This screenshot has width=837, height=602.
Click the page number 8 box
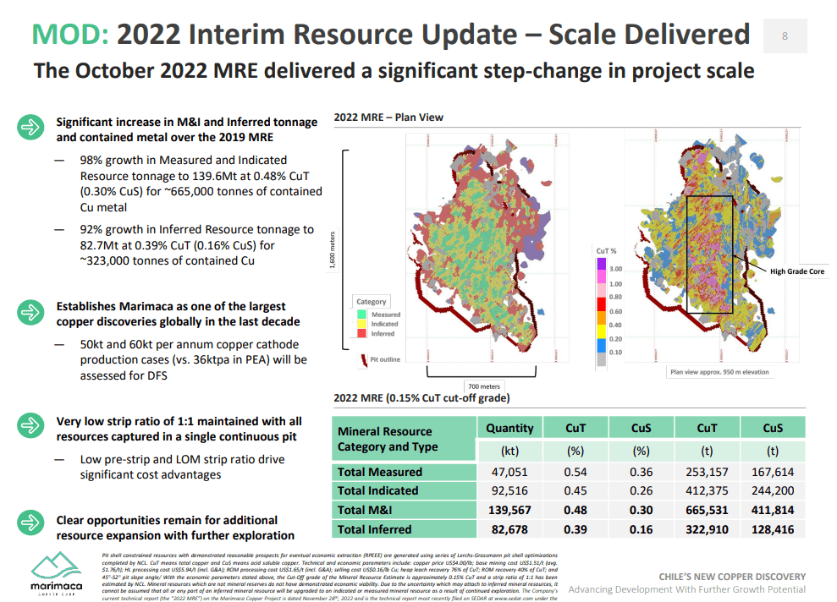coord(785,36)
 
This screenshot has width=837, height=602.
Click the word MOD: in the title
coord(70,34)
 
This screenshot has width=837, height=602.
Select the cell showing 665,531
coord(707,510)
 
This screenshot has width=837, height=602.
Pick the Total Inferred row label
coord(374,529)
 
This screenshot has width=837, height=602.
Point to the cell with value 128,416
coord(772,529)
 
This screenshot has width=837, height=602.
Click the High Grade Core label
coord(796,271)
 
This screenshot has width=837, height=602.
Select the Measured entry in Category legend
coord(385,315)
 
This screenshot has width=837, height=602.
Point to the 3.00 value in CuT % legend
coord(615,269)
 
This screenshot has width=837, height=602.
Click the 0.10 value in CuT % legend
coord(615,352)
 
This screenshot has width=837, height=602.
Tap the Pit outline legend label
coord(385,359)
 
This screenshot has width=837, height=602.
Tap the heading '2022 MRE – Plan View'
coord(388,118)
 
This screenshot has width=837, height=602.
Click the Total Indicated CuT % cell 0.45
coord(575,490)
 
